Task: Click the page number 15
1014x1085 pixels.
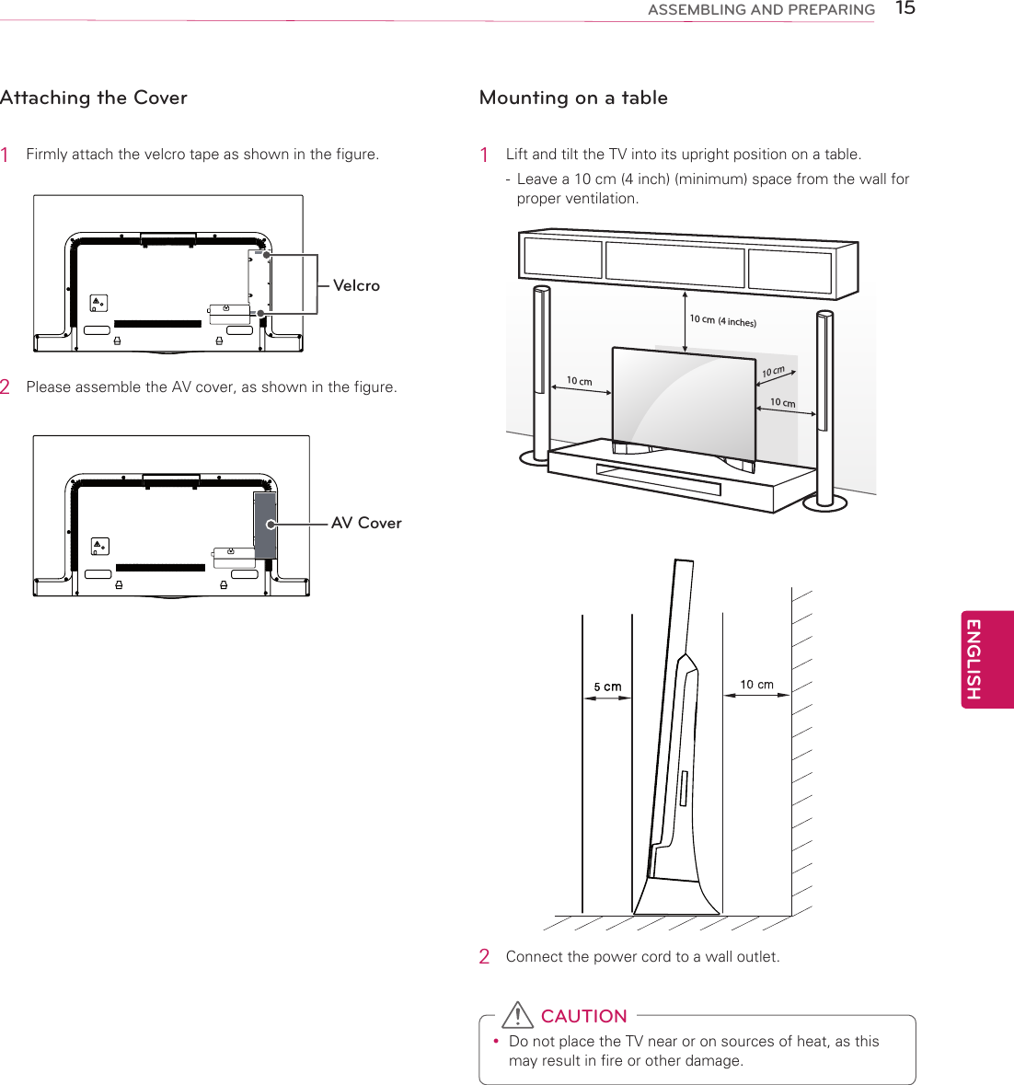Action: pos(905,9)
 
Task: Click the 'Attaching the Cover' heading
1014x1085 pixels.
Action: pos(94,98)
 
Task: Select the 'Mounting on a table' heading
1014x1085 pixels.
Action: pos(573,98)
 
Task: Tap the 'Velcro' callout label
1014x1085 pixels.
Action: pos(356,285)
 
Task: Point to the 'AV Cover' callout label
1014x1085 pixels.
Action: pos(366,523)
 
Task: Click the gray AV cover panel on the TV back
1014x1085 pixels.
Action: pos(265,525)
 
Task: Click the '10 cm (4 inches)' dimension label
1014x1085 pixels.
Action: pos(723,320)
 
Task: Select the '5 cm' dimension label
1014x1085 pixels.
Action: pos(607,687)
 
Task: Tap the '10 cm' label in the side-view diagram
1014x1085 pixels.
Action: pos(756,685)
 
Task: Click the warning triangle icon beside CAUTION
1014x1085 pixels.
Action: pos(518,1015)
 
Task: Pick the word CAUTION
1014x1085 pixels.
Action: pos(583,1016)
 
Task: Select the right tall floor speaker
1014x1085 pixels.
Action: pos(824,405)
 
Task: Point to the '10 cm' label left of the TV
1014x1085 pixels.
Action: pos(579,381)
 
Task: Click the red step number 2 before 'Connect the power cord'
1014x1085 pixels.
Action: pos(484,957)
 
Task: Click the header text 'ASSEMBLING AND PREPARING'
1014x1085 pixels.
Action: pos(761,10)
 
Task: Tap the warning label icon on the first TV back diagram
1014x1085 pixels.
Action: pos(98,303)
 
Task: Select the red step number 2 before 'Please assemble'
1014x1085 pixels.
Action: pos(6,387)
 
